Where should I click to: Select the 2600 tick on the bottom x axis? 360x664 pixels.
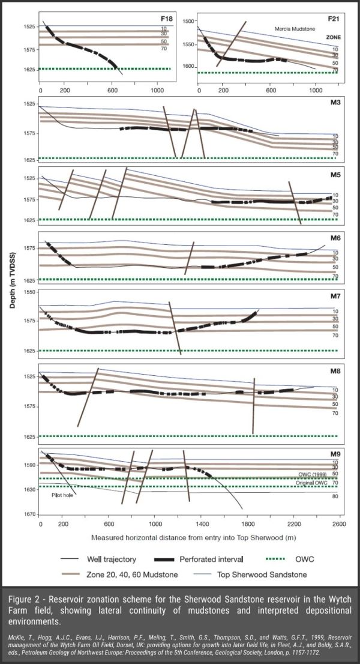(x=340, y=523)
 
